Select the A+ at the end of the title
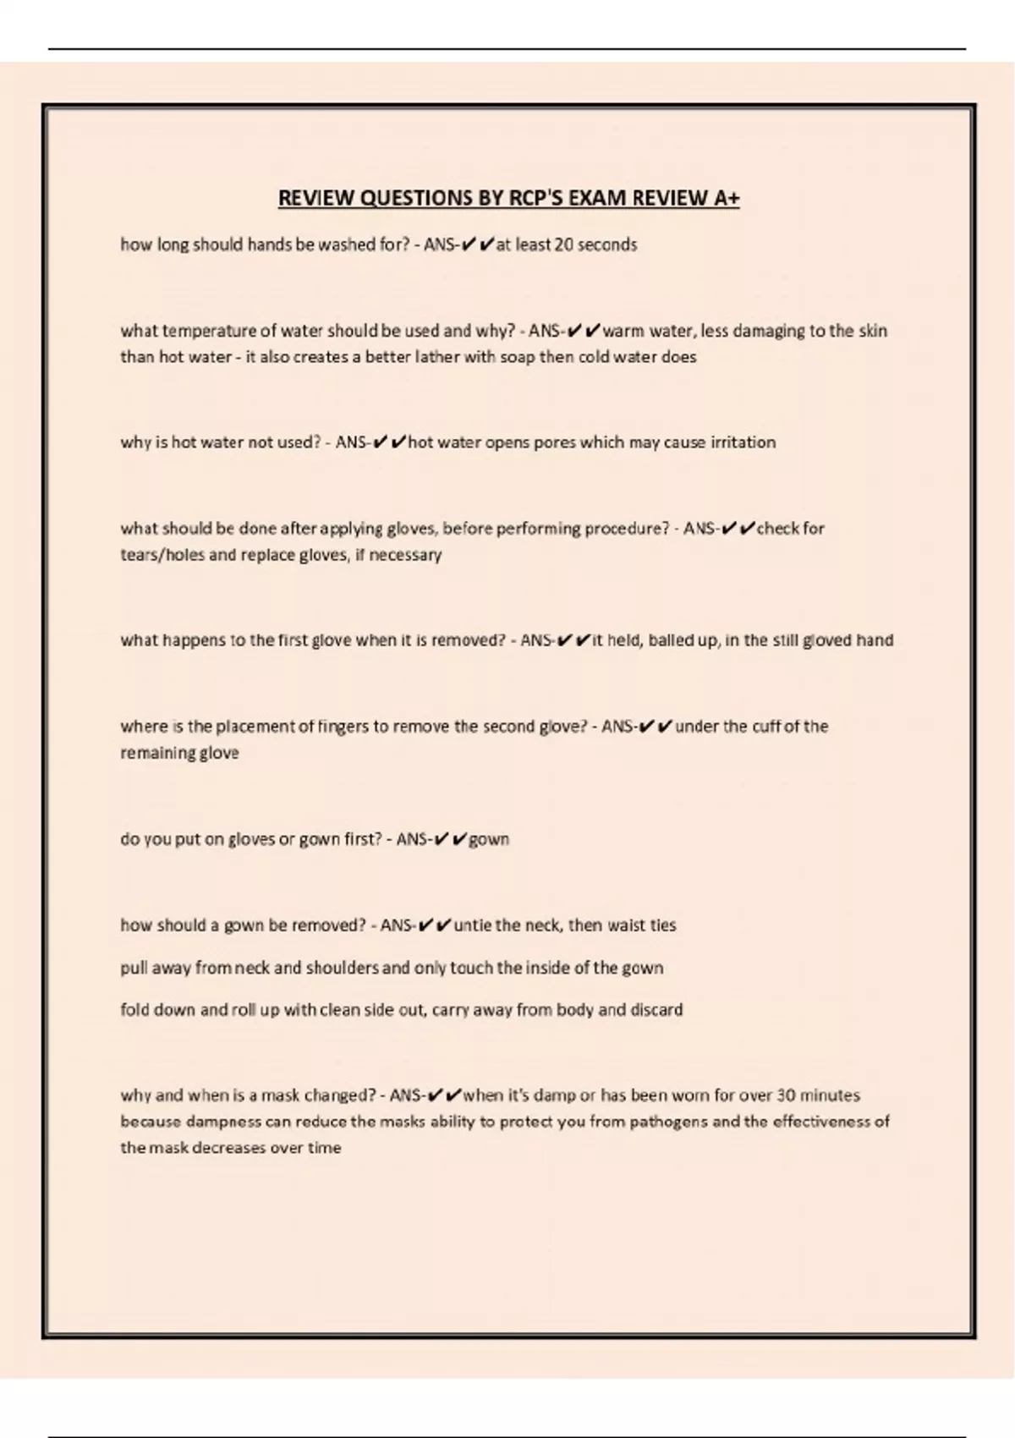727,198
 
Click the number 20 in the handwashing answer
563,245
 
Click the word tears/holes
161,556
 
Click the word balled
672,640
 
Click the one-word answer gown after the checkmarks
489,839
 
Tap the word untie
475,925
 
